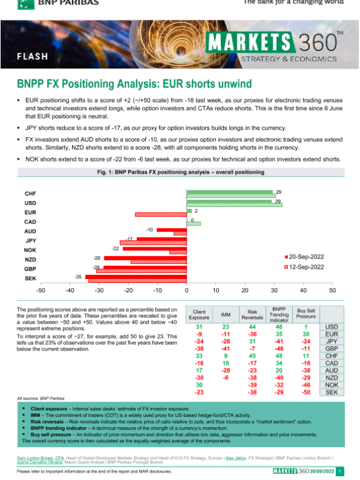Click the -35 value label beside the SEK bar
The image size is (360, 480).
(x=78, y=277)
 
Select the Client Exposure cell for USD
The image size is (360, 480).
(x=199, y=326)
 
